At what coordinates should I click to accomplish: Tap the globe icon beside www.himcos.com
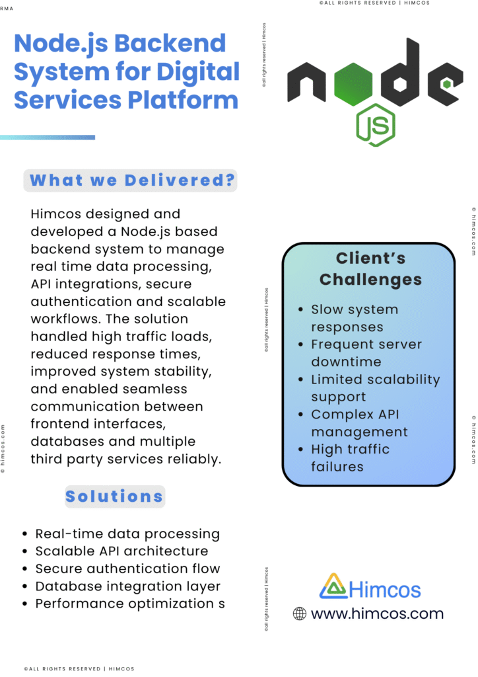pos(300,614)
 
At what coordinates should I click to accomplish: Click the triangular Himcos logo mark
pos(333,586)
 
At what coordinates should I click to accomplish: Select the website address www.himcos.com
pos(377,614)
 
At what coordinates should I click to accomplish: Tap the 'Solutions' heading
pos(114,496)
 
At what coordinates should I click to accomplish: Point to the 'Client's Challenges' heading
pos(370,268)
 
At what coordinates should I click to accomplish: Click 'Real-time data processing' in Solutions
pos(127,534)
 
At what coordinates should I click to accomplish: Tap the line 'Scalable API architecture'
pos(121,551)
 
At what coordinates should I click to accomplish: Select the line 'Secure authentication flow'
pos(127,569)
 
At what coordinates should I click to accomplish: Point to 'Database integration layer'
pos(127,586)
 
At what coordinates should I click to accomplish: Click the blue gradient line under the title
pos(48,138)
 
